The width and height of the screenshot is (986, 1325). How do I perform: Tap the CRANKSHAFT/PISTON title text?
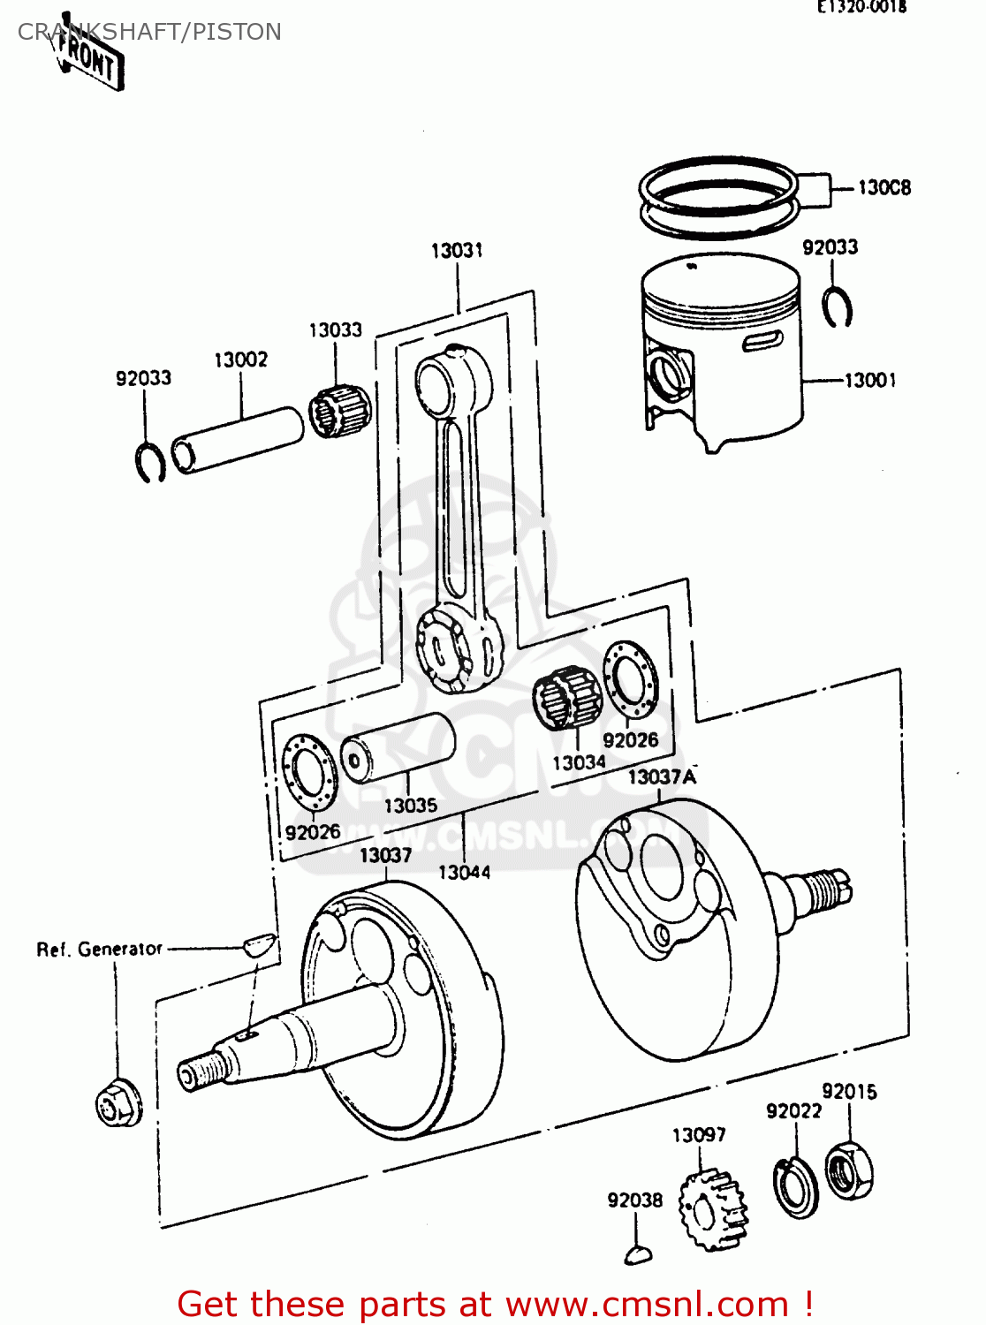(149, 32)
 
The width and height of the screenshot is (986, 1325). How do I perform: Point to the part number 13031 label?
(457, 251)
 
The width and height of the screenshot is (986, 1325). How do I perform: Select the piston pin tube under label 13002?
(237, 440)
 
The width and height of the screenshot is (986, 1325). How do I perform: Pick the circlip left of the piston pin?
(150, 461)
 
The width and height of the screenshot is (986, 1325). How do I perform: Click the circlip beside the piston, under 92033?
(836, 307)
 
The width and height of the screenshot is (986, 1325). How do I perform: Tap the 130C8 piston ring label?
(884, 187)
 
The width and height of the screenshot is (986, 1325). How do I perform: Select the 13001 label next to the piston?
(870, 381)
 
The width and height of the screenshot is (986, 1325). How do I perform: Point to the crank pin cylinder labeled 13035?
(398, 748)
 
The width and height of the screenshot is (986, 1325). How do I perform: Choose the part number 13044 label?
(464, 873)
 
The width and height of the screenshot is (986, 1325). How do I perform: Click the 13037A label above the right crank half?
(662, 777)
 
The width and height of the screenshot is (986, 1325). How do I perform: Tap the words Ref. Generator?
(99, 950)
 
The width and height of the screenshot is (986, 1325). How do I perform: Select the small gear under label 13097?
(712, 1209)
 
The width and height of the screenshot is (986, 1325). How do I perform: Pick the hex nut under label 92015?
(850, 1170)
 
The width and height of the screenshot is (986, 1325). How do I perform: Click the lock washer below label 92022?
(795, 1187)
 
